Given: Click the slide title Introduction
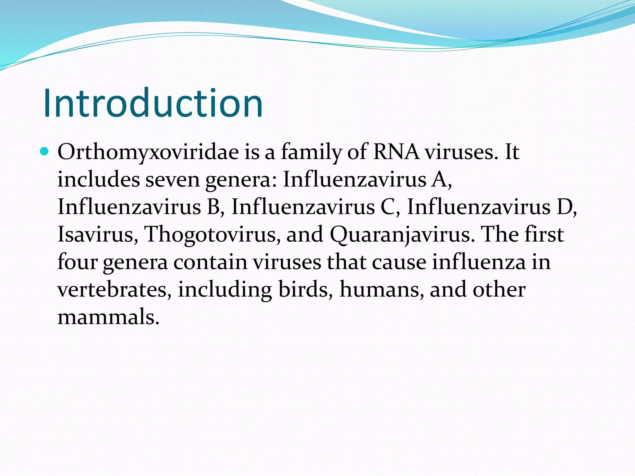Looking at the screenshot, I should tap(153, 103).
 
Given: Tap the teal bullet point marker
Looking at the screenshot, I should tap(45, 152).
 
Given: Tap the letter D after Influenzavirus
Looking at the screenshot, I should tap(564, 207).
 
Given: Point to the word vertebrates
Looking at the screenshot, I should tap(114, 289).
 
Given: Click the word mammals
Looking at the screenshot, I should tap(108, 317).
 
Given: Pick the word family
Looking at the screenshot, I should tap(311, 152).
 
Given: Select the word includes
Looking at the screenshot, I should tap(99, 179).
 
